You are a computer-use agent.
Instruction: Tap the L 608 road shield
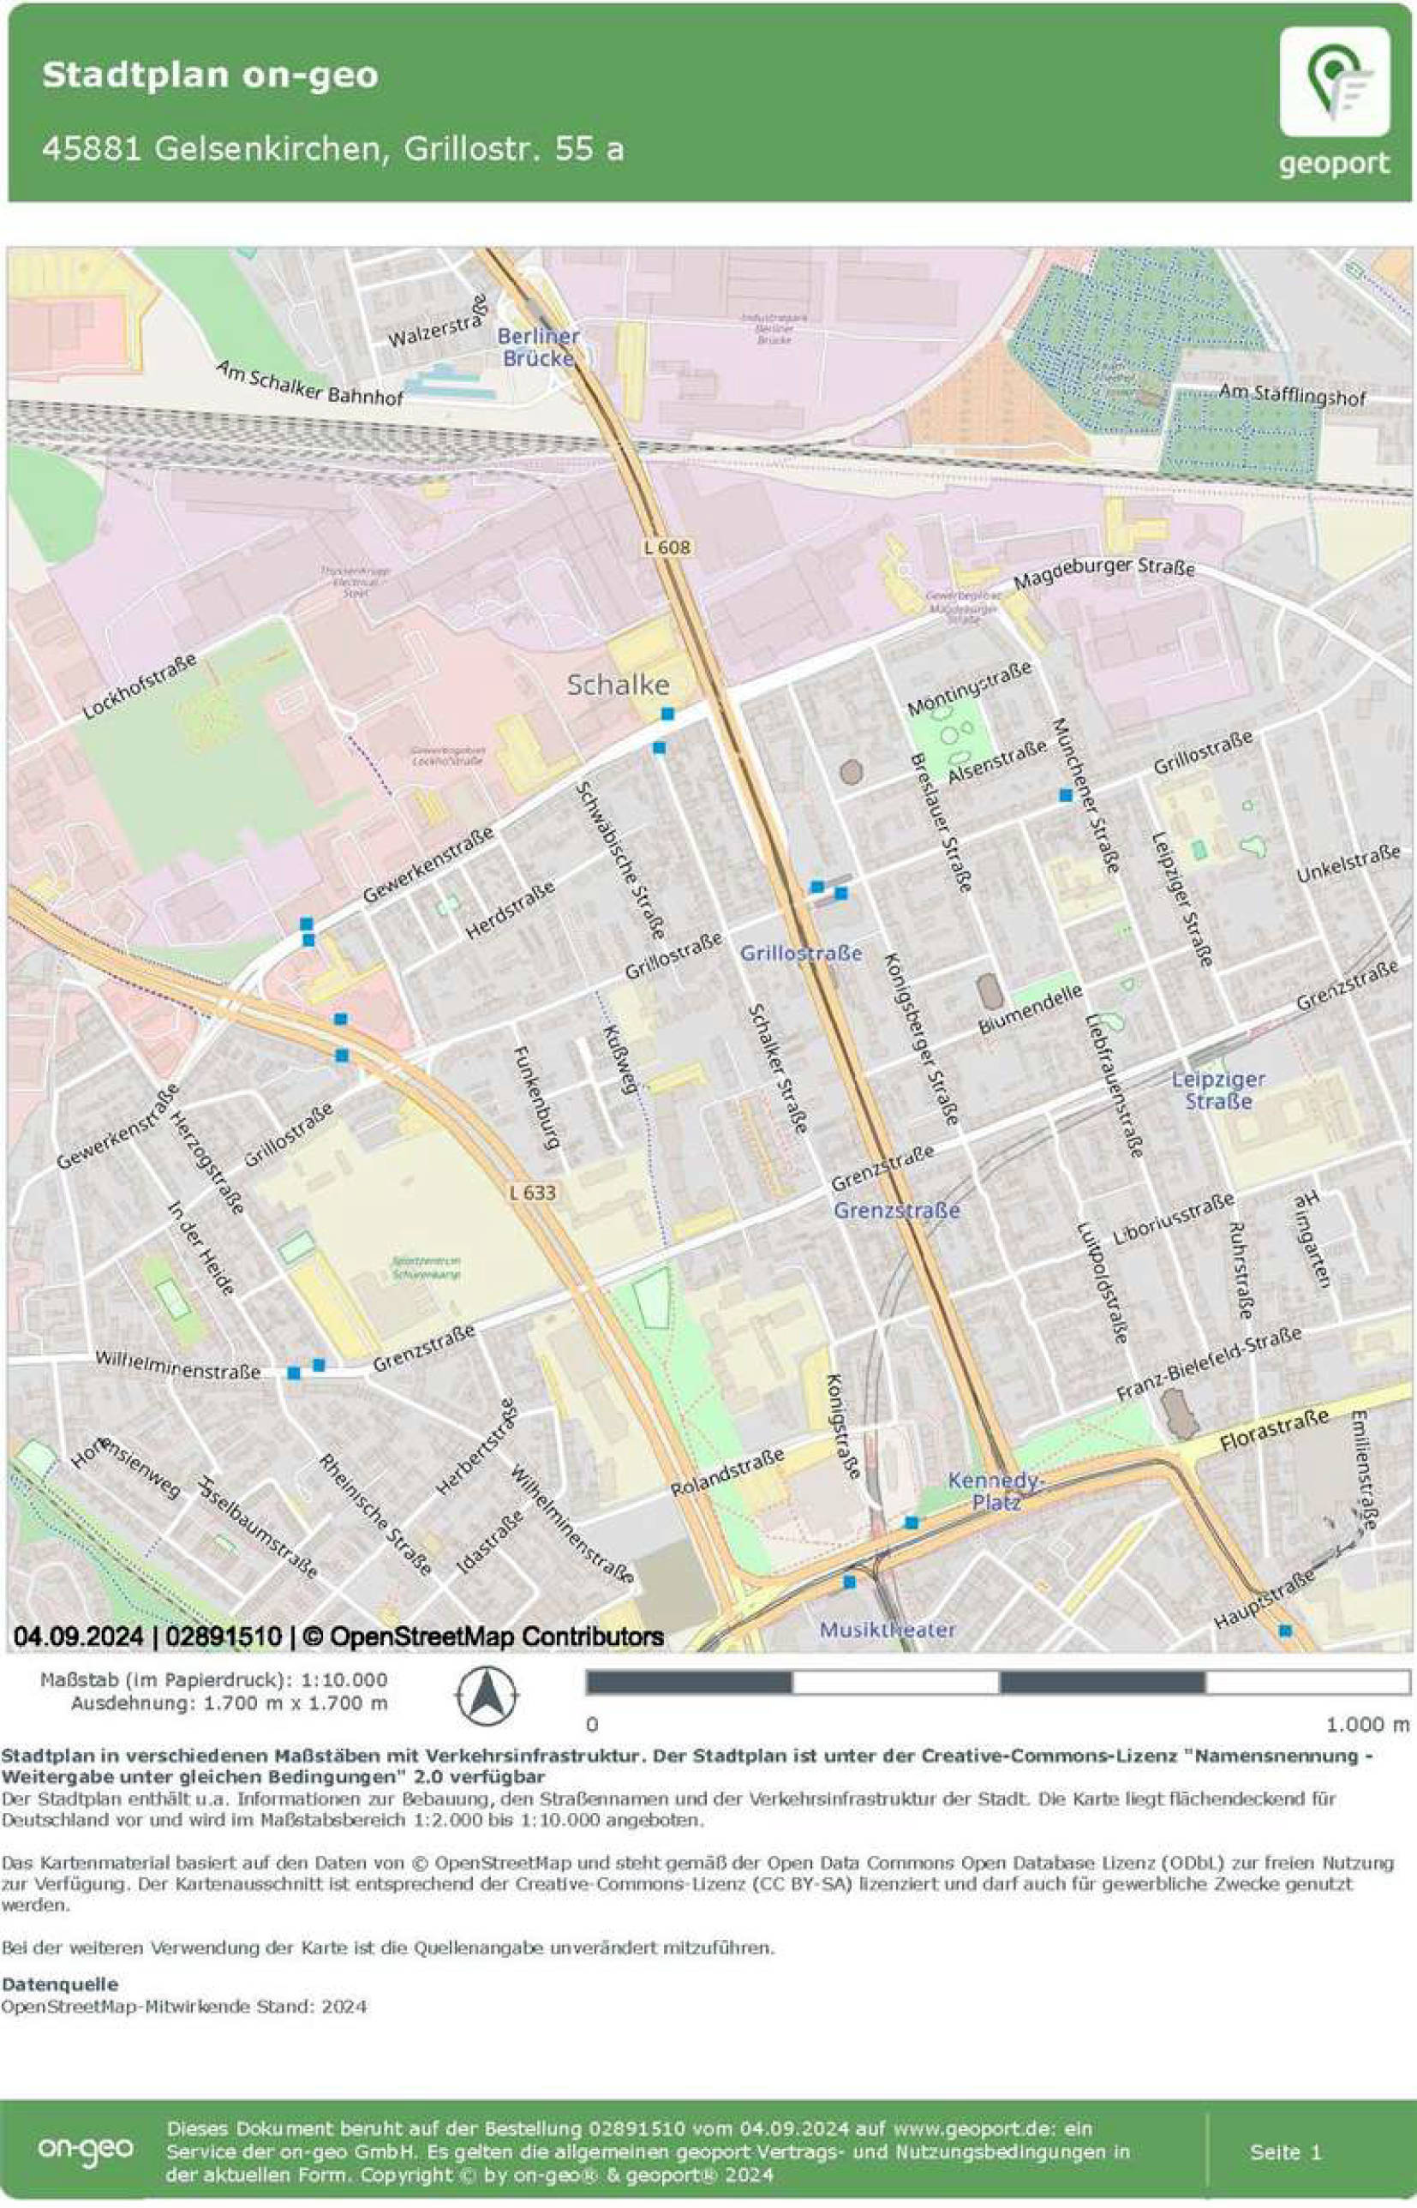coord(667,548)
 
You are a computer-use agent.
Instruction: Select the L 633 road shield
coord(532,1194)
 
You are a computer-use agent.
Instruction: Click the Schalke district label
coord(618,685)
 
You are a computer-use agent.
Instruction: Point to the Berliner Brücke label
coord(538,347)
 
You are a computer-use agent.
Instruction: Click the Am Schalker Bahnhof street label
coord(309,383)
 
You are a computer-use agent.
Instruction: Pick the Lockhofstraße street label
coord(140,686)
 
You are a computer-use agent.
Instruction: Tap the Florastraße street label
coord(1275,1431)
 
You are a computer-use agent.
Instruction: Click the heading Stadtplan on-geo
coord(210,75)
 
